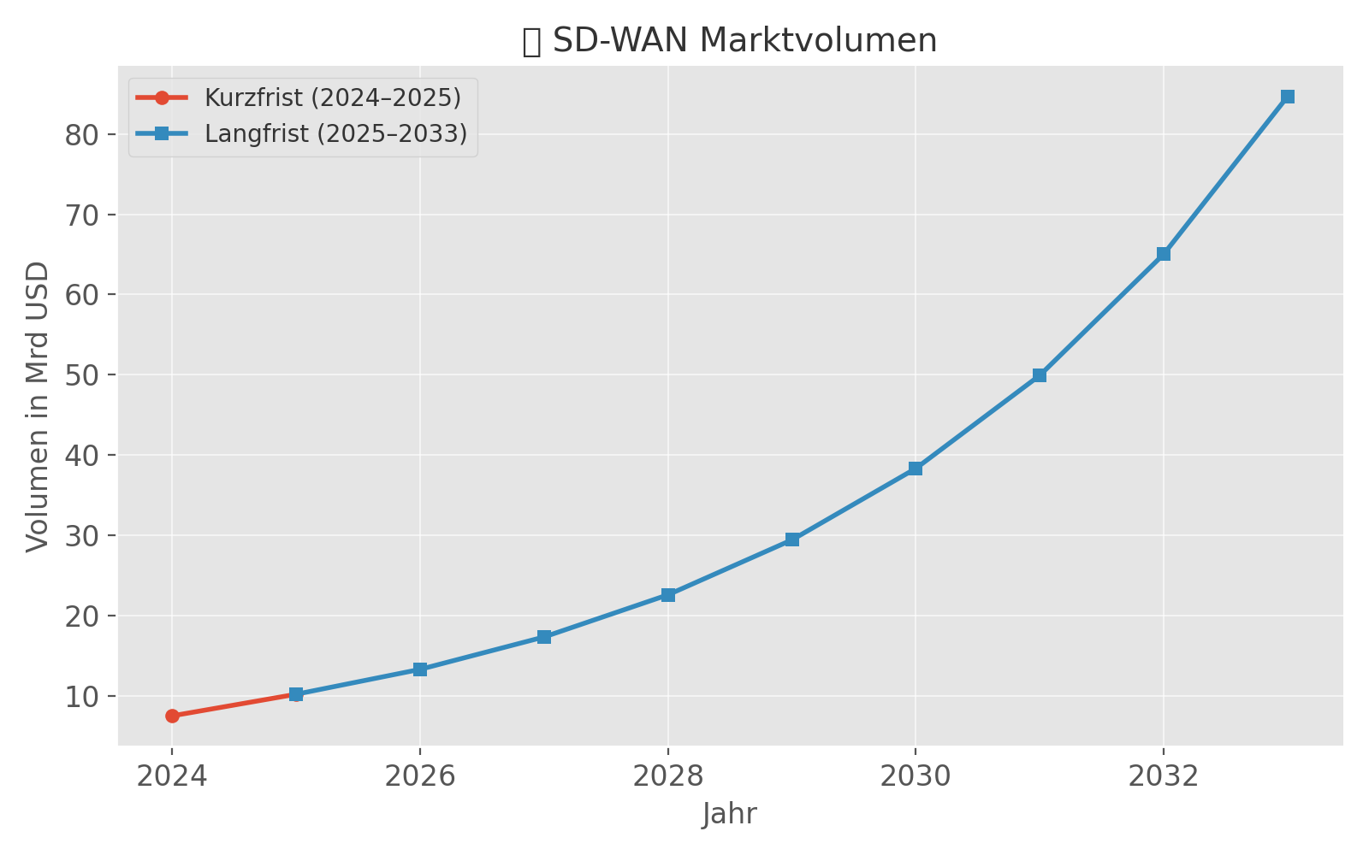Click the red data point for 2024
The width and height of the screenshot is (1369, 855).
coord(172,716)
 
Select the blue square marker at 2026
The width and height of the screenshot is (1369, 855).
coord(420,669)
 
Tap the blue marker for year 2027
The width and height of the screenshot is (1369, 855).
coord(544,637)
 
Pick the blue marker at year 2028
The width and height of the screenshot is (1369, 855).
coord(668,595)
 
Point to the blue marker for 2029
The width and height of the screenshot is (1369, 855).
coord(792,540)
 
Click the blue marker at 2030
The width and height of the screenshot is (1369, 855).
coord(916,469)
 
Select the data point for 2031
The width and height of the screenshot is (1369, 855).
coord(1040,375)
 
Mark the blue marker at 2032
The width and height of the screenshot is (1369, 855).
coord(1164,254)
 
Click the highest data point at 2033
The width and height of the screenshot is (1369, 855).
coord(1288,97)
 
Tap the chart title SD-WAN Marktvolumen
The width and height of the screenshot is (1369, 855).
coord(744,41)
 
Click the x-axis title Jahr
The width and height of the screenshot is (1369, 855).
coord(730,814)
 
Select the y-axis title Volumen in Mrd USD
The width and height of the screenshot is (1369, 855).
coord(38,407)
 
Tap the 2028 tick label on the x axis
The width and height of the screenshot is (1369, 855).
coord(668,776)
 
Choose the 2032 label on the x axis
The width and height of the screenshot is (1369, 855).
coord(1164,776)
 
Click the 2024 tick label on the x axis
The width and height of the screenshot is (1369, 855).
coord(172,776)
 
